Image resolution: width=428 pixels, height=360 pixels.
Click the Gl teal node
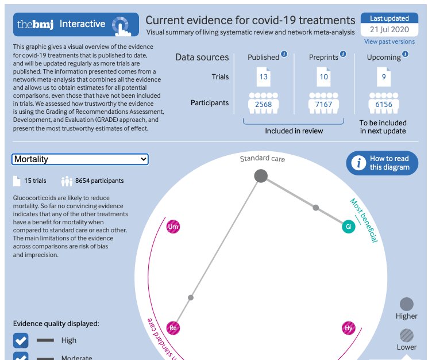click(348, 227)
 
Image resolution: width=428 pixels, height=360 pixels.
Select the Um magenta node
click(173, 228)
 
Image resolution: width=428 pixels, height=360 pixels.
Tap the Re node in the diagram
click(173, 328)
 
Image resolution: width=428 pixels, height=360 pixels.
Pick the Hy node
click(348, 328)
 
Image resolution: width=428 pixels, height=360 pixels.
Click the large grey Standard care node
click(261, 176)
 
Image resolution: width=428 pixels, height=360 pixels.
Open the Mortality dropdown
click(80, 159)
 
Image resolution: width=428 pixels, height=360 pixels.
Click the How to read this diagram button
click(382, 163)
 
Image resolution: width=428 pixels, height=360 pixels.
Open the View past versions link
click(389, 41)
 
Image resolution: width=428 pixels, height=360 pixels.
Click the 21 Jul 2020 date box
click(390, 29)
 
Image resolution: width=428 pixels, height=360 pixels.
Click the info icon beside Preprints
click(343, 55)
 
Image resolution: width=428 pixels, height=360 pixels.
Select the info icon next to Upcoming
click(406, 55)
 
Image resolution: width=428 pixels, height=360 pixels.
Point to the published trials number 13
click(263, 77)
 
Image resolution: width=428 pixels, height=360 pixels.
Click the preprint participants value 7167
click(323, 104)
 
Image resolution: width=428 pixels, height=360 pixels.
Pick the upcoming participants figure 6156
click(383, 104)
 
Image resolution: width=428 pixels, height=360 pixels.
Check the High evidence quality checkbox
click(21, 340)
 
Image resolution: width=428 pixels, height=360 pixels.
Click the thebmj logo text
click(36, 24)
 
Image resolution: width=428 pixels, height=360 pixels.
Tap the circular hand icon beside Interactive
click(120, 25)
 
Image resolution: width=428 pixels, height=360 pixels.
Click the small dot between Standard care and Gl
click(315, 207)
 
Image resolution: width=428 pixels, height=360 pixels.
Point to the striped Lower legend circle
click(406, 335)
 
